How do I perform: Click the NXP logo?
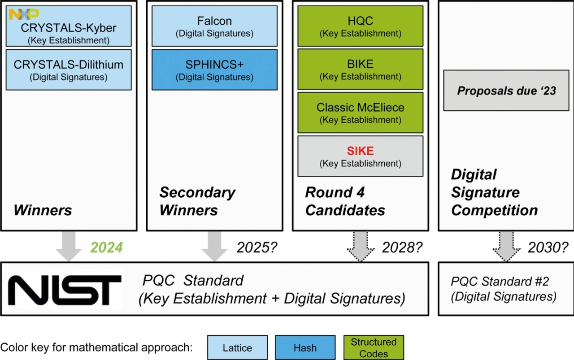(x=24, y=14)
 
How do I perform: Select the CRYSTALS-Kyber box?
(x=69, y=32)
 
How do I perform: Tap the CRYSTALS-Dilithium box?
(x=69, y=70)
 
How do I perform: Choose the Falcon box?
(x=214, y=26)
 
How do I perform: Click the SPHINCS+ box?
(x=214, y=70)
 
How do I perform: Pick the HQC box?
(x=360, y=26)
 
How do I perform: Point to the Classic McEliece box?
(x=360, y=113)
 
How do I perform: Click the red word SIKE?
(x=361, y=151)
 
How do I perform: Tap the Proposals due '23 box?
(x=506, y=91)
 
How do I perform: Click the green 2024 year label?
(x=107, y=247)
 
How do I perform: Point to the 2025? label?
(x=256, y=247)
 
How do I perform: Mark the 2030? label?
(x=548, y=247)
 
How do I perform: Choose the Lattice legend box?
(x=238, y=348)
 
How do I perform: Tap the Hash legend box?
(x=305, y=348)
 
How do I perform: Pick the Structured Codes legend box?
(x=374, y=348)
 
